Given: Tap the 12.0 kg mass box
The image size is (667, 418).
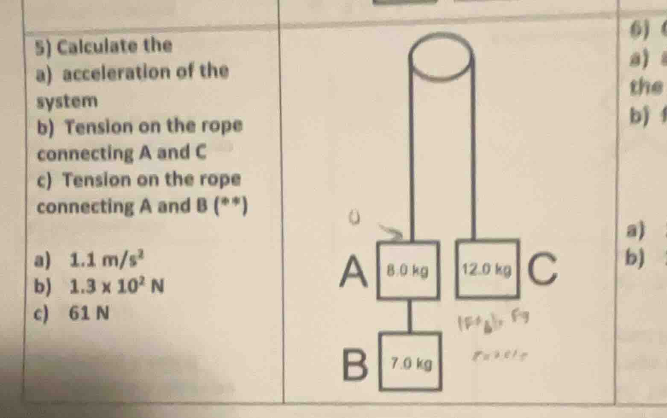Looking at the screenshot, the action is [x=487, y=269].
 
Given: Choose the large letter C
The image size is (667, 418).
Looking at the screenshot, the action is [x=543, y=268].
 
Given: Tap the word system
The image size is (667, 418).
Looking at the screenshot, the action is [x=67, y=102].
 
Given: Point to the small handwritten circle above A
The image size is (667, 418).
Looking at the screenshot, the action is [x=354, y=218].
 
